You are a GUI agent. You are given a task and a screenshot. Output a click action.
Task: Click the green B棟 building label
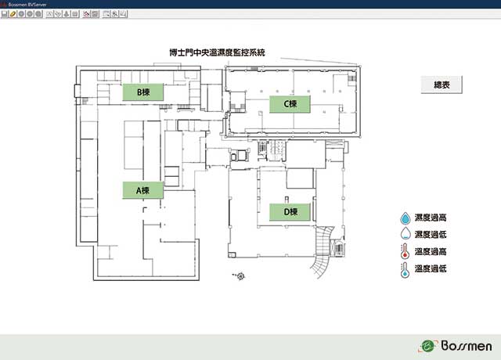tap(143, 92)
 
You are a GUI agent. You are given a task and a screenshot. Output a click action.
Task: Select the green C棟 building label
tap(290, 104)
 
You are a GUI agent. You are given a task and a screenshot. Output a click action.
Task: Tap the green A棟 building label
tap(142, 190)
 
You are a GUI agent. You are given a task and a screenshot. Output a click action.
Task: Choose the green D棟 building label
tap(290, 212)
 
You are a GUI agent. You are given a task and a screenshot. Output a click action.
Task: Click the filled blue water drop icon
tap(405, 218)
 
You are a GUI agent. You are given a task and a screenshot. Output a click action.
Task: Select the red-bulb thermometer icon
tap(405, 251)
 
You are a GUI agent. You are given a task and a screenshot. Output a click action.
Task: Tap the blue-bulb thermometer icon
tap(405, 270)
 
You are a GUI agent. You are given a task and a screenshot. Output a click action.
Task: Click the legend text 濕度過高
tap(431, 218)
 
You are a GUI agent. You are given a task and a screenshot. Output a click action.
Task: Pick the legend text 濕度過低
tap(431, 235)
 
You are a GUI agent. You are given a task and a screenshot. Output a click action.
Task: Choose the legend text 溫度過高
tap(431, 252)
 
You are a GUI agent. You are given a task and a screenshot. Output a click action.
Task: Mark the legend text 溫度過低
tap(431, 268)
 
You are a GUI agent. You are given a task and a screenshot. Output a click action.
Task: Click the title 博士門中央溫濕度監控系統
tap(218, 52)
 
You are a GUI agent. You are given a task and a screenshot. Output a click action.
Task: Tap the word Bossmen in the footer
tap(467, 346)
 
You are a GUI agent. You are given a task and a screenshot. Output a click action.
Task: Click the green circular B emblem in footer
tap(427, 346)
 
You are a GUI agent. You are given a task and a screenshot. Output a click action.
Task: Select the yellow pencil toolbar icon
tap(13, 14)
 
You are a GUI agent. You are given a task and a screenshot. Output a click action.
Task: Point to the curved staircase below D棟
tap(322, 250)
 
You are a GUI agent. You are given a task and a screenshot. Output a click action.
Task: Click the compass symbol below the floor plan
tap(240, 276)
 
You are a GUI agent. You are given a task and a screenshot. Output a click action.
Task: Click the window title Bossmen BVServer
tap(27, 5)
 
